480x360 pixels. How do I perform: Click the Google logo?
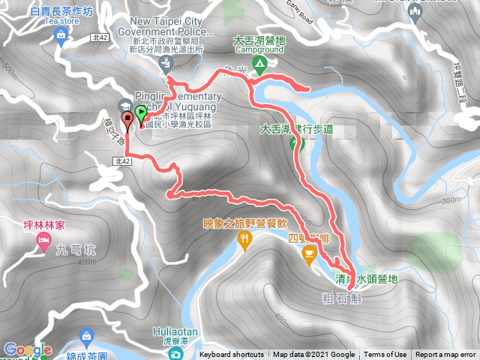click(27, 349)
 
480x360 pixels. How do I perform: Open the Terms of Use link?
click(385, 355)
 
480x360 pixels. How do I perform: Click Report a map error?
click(445, 355)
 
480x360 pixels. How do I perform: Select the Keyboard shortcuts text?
click(232, 355)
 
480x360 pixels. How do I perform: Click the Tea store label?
click(61, 22)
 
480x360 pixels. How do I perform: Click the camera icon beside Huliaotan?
click(175, 352)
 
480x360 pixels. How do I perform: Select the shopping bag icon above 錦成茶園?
click(87, 334)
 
